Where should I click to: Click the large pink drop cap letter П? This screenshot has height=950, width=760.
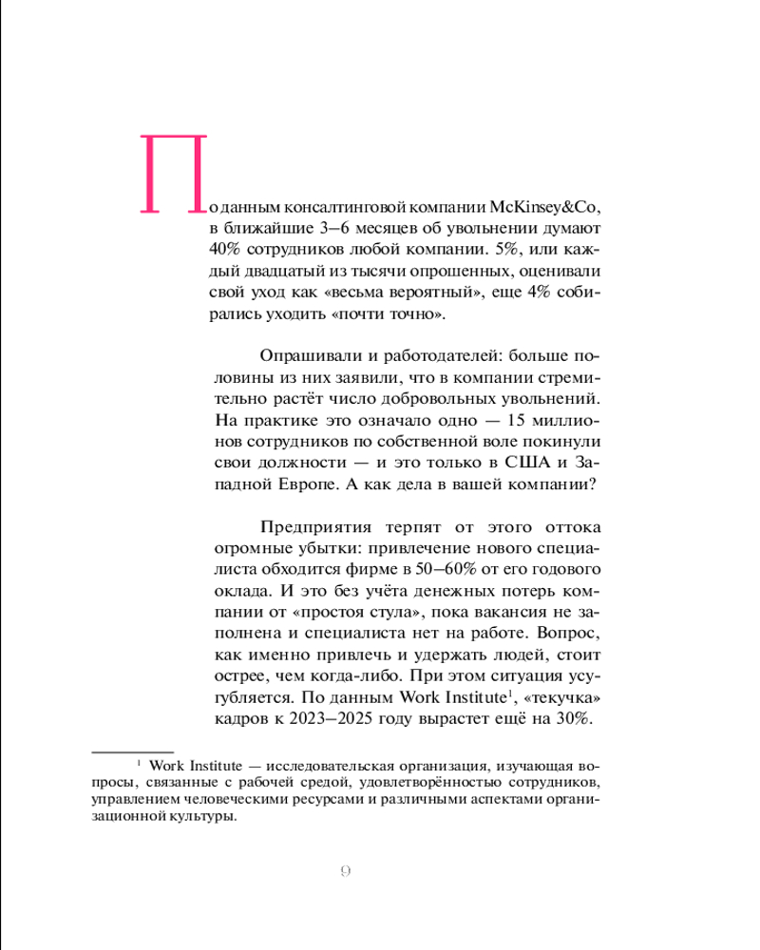[x=174, y=172]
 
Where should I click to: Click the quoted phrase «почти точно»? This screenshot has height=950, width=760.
[x=389, y=315]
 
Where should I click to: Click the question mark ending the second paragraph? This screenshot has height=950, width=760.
[x=592, y=484]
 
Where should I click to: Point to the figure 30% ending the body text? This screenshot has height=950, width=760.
[x=574, y=719]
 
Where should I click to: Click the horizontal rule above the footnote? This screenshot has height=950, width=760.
[x=132, y=750]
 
